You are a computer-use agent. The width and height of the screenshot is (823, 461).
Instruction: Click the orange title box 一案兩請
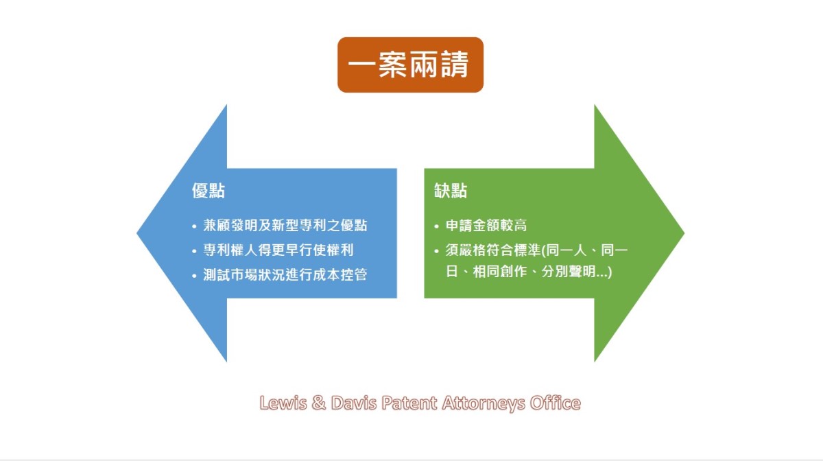pyautogui.click(x=410, y=64)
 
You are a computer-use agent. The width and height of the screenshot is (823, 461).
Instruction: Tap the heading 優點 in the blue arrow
pyautogui.click(x=208, y=191)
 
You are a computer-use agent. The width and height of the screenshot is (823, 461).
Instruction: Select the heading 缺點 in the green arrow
pyautogui.click(x=451, y=191)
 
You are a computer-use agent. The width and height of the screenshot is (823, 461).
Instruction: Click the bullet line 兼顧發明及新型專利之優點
pyautogui.click(x=285, y=225)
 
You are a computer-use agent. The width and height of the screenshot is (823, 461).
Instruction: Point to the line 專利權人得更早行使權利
pyautogui.click(x=278, y=250)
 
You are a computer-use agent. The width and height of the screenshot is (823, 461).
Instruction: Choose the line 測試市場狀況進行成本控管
pyautogui.click(x=285, y=274)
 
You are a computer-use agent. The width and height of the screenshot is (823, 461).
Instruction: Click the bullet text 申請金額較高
pyautogui.click(x=486, y=225)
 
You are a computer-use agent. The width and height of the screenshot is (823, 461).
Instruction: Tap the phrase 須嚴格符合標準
pyautogui.click(x=493, y=250)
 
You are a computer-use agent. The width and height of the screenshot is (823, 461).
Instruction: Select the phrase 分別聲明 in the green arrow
pyautogui.click(x=568, y=272)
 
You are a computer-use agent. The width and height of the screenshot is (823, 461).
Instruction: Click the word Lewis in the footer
pyautogui.click(x=283, y=403)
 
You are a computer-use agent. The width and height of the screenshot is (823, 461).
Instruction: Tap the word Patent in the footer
pyautogui.click(x=409, y=403)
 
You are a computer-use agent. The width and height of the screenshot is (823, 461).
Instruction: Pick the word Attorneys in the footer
pyautogui.click(x=484, y=403)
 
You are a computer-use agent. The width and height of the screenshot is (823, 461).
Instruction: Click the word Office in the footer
pyautogui.click(x=556, y=403)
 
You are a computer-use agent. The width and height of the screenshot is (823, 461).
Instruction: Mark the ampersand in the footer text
pyautogui.click(x=319, y=403)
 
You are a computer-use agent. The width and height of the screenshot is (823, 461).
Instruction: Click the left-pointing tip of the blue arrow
pyautogui.click(x=137, y=233)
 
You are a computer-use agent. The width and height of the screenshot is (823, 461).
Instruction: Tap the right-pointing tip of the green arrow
pyautogui.click(x=684, y=233)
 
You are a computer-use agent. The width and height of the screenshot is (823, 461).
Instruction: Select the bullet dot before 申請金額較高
pyautogui.click(x=436, y=226)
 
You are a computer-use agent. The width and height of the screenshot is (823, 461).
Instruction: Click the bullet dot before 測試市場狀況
pyautogui.click(x=194, y=275)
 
